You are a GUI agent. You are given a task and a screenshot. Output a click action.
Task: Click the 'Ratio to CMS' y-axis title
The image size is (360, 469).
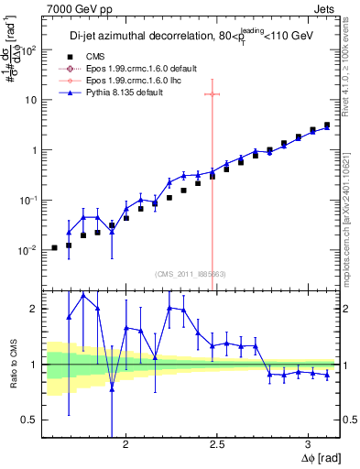click(x=12, y=364)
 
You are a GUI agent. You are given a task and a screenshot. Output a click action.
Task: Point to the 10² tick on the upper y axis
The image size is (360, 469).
click(x=29, y=49)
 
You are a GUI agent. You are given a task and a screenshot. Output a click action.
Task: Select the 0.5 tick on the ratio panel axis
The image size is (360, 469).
click(x=27, y=420)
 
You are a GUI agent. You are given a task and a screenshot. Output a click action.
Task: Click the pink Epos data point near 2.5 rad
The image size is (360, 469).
click(x=213, y=94)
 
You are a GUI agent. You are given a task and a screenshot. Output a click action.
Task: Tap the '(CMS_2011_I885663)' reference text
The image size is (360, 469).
click(x=191, y=273)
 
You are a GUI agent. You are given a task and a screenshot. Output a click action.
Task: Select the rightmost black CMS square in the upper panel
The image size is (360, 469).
click(x=327, y=125)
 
